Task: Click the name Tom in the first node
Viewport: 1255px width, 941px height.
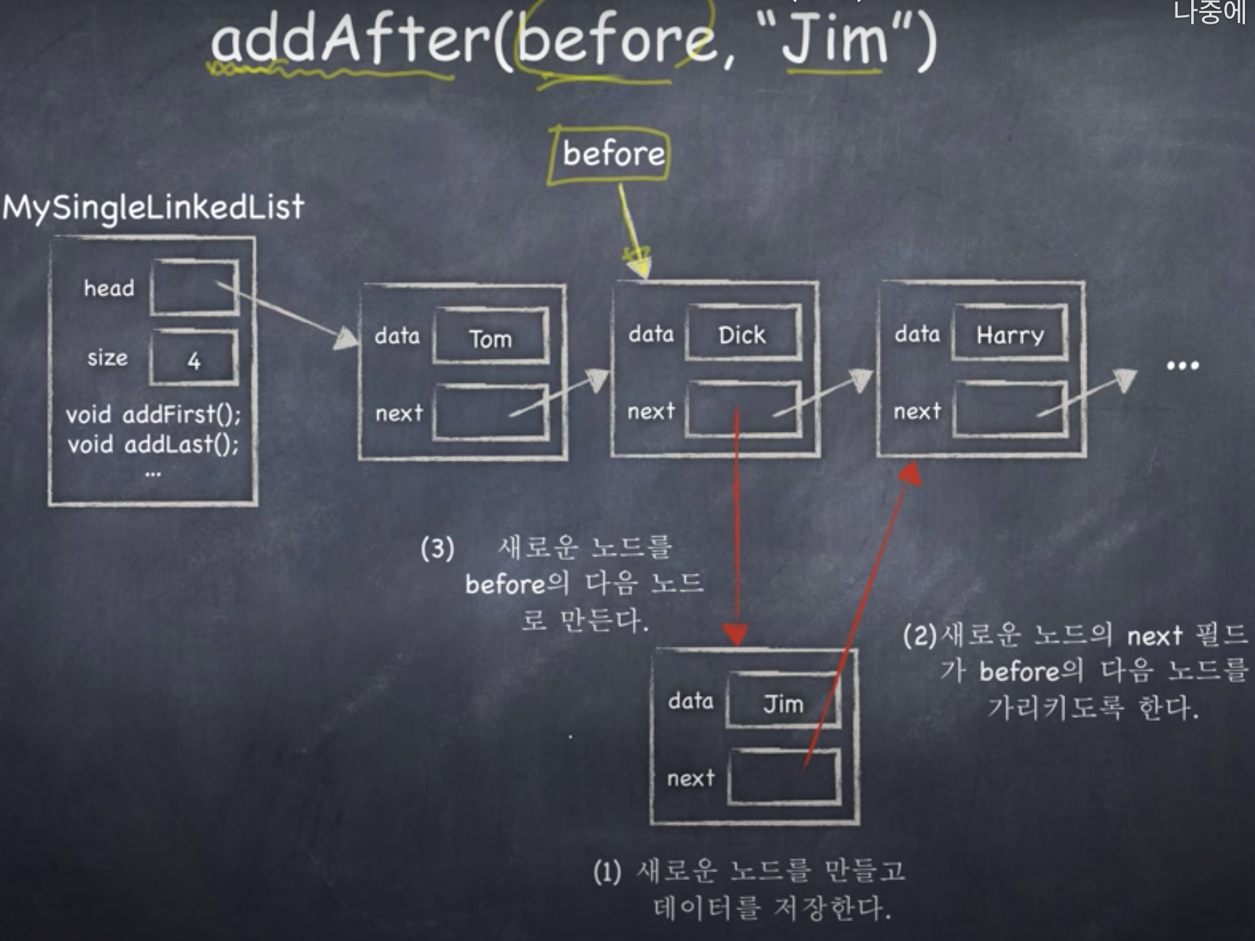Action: pyautogui.click(x=491, y=339)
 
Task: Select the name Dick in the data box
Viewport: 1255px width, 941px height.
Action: pyautogui.click(x=742, y=334)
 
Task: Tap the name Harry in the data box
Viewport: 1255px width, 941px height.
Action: pyautogui.click(x=1010, y=335)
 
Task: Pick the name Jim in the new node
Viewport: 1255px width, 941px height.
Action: pyautogui.click(x=783, y=704)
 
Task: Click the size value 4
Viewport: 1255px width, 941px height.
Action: pyautogui.click(x=193, y=360)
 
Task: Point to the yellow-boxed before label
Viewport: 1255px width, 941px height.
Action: pyautogui.click(x=613, y=153)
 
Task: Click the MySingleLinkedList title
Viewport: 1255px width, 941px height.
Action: pyautogui.click(x=153, y=208)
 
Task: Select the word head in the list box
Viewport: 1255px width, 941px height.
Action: pyautogui.click(x=109, y=288)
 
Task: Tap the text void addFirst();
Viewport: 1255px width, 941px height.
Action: pyautogui.click(x=153, y=414)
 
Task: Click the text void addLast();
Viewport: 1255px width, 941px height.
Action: pyautogui.click(x=153, y=445)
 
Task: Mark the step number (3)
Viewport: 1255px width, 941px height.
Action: pyautogui.click(x=437, y=549)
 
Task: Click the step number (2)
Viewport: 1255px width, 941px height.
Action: pyautogui.click(x=920, y=636)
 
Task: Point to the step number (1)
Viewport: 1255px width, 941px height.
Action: pyautogui.click(x=607, y=872)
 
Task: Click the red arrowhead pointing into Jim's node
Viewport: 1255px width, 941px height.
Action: pyautogui.click(x=735, y=634)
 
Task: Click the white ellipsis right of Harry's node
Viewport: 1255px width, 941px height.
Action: pyautogui.click(x=1182, y=365)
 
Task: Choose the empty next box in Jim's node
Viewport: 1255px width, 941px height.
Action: pyautogui.click(x=784, y=777)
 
